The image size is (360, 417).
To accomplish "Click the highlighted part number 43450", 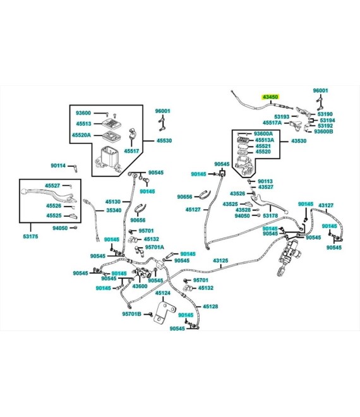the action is pos(270,97).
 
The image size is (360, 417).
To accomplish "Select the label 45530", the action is pos(164,140).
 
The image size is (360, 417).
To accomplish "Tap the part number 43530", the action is pos(299,141).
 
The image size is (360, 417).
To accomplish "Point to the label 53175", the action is pos(30,236).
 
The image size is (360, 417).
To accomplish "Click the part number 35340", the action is pos(114,210).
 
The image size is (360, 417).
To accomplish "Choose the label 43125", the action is pos(220,260).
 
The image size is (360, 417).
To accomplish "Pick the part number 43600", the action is pos(140,286).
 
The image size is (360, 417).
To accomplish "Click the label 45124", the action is pos(163,293).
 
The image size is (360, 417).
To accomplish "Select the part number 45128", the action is pos(210,306).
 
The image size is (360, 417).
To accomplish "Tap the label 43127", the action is pos(326,205).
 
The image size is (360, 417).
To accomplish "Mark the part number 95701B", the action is pos(131,314).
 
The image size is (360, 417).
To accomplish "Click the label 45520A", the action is pos(81,135).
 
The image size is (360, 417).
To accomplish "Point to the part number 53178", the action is pos(270,215).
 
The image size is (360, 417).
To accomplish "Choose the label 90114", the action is pos(58,166).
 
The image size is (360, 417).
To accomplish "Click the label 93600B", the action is pos(323,131).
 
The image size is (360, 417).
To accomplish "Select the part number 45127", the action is pos(193,210).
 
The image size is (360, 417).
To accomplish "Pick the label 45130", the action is pos(112,202).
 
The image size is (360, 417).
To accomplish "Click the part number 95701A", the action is pos(155,247).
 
